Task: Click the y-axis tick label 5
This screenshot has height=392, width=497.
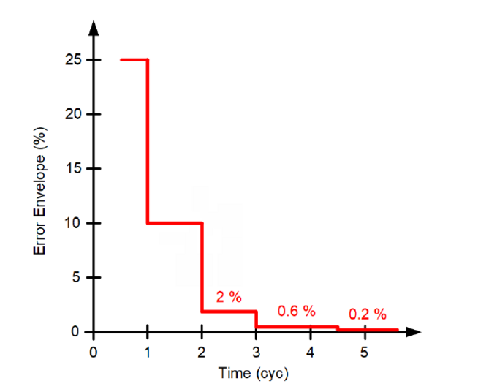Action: [75, 278]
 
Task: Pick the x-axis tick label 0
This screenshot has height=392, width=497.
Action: [93, 350]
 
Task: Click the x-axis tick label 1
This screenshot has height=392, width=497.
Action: [148, 350]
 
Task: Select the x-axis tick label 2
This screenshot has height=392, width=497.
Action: [202, 350]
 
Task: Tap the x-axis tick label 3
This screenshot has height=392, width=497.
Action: [256, 350]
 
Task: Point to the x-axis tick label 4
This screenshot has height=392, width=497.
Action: [310, 350]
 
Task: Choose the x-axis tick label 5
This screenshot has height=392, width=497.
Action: [364, 350]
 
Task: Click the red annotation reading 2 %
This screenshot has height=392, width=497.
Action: [228, 297]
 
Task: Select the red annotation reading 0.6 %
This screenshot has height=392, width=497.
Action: [296, 311]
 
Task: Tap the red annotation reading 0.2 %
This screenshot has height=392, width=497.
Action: [367, 314]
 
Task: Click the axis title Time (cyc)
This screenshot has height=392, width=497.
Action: [254, 373]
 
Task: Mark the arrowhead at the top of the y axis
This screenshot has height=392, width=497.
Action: [94, 29]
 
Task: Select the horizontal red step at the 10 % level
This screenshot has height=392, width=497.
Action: [175, 223]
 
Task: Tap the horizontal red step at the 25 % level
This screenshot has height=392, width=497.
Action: [134, 60]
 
